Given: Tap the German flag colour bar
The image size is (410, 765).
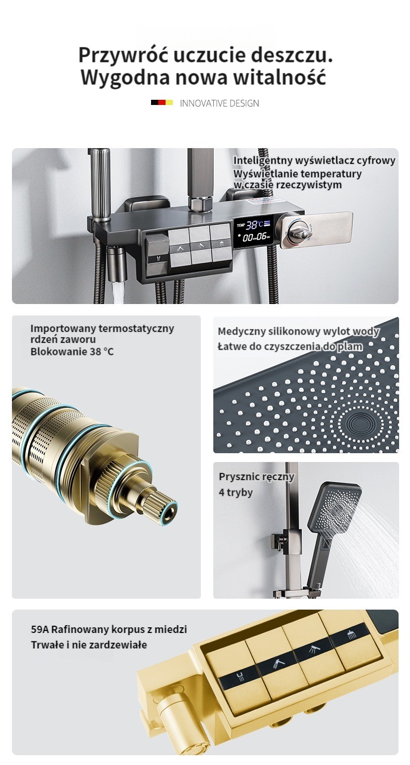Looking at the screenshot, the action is click(x=162, y=102).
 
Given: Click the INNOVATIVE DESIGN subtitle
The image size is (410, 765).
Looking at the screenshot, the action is click(x=220, y=103).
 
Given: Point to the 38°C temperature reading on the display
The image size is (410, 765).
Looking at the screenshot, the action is click(x=254, y=225).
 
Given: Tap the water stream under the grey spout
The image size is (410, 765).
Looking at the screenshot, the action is click(x=117, y=292).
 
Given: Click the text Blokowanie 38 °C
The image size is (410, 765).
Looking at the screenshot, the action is click(x=72, y=351).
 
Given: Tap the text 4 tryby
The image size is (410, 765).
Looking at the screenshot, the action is click(x=236, y=493).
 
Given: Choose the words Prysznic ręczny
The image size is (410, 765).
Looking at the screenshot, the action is click(x=256, y=477).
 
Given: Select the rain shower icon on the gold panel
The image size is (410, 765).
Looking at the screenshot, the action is click(x=352, y=635).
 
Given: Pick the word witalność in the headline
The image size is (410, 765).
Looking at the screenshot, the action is click(x=280, y=77).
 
